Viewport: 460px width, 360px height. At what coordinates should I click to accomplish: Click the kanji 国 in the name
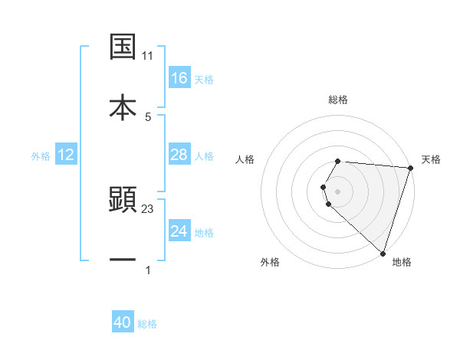[x=123, y=46]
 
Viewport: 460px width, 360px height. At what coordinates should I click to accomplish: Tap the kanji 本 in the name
[x=123, y=106]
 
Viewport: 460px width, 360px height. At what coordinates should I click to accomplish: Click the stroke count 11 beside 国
[x=148, y=56]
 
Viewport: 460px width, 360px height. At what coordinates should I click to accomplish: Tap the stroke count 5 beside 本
[x=148, y=116]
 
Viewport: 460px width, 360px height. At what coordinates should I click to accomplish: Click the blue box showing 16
[x=179, y=77]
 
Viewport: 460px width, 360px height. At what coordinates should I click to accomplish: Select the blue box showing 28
[x=179, y=155]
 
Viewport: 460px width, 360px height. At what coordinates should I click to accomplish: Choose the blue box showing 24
[x=179, y=231]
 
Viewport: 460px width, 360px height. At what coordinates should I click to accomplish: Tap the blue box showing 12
[x=66, y=155]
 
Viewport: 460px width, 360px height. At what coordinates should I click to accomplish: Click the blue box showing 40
[x=123, y=322]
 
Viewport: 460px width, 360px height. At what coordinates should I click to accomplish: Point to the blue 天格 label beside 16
[x=204, y=79]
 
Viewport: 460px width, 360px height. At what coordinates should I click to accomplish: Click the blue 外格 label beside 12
[x=41, y=156]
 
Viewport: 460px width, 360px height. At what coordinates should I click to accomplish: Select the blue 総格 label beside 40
[x=147, y=324]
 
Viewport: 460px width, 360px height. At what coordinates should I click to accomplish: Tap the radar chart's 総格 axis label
[x=338, y=100]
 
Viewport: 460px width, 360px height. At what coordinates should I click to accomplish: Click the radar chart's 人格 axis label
[x=245, y=159]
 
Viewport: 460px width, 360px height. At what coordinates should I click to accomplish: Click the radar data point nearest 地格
[x=383, y=253]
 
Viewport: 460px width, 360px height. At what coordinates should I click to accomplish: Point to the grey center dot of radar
[x=338, y=191]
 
